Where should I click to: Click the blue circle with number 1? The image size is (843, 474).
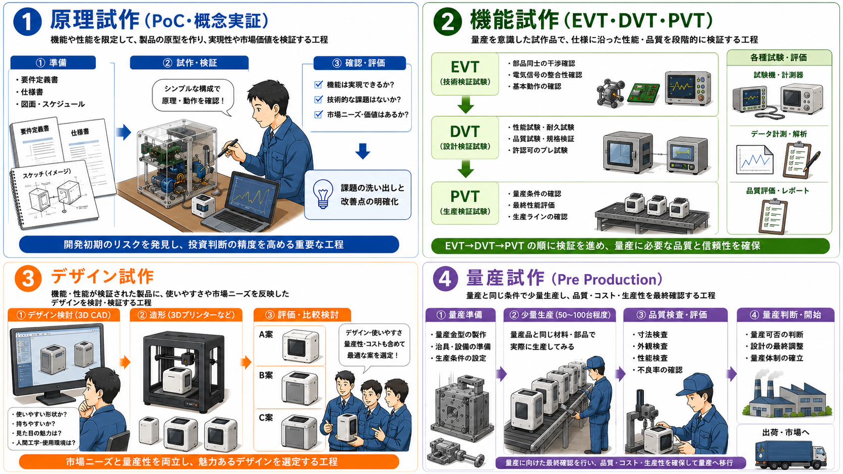tap(27, 22)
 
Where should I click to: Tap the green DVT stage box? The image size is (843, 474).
tap(465, 138)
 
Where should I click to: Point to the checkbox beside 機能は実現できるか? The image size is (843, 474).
tap(318, 84)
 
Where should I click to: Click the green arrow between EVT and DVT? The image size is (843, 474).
tap(465, 105)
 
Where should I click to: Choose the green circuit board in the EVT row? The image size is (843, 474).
tap(643, 93)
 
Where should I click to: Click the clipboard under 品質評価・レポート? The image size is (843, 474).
tap(773, 217)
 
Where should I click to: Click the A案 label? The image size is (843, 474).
tap(266, 334)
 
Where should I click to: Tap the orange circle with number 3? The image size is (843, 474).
tap(28, 279)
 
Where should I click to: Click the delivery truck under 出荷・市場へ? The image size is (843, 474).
tap(791, 455)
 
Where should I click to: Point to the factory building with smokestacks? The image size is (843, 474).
tap(785, 393)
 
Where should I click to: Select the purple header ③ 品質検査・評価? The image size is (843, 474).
tap(675, 315)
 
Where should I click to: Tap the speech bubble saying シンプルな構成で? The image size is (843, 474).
tap(193, 96)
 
